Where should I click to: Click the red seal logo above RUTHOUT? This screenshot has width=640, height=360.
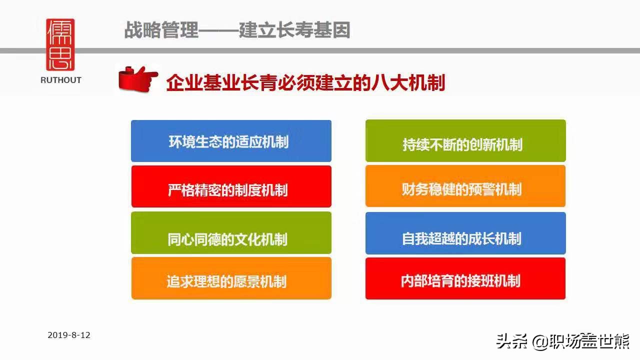60,44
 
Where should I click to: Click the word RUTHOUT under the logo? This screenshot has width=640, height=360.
61,80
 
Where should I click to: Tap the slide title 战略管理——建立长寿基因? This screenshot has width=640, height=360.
237,30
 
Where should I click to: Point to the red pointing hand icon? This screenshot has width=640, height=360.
138,79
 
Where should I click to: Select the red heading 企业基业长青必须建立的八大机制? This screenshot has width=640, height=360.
305,83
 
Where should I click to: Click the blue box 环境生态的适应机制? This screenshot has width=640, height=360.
231,141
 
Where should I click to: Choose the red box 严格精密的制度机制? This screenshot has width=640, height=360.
231,186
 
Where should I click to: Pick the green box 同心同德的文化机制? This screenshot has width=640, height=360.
231,232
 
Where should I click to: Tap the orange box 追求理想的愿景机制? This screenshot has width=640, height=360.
231,278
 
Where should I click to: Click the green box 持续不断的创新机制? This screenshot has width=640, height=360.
465,140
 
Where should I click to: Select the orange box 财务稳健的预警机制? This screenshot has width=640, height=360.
465,186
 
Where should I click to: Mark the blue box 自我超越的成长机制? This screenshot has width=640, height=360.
465,233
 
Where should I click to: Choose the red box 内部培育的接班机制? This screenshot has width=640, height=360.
465,278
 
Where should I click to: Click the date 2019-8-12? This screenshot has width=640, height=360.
69,335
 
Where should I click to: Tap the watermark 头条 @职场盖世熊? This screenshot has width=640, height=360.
563,341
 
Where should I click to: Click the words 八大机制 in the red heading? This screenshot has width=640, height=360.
408,83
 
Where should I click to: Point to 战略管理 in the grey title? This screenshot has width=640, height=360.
161,30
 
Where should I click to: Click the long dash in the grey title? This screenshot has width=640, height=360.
219,30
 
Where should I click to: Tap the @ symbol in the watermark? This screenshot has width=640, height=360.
540,342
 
